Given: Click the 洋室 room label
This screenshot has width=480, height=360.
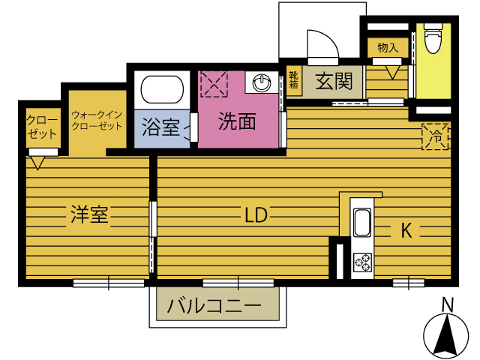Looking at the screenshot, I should (90, 215).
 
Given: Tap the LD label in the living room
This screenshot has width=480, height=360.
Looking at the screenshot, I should (255, 215).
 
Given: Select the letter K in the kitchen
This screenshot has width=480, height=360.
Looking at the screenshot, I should (405, 231).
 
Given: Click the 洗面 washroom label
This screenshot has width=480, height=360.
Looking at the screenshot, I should (237, 121).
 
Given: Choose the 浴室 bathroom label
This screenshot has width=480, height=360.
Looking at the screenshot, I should (160, 126).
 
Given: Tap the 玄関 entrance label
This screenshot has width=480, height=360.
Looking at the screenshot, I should (333, 80).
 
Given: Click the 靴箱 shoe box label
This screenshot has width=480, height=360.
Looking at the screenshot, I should (293, 79).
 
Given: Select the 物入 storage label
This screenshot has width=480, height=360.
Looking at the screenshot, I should (387, 48).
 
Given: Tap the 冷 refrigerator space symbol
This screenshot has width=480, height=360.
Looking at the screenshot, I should (435, 136).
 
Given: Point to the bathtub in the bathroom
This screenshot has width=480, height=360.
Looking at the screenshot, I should (162, 91).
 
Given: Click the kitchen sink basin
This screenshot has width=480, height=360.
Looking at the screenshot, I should (361, 223).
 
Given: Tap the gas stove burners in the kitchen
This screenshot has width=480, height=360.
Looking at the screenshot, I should (361, 262).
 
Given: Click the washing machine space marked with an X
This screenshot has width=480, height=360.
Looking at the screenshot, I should (214, 83).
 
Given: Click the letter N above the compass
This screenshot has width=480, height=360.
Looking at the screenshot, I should (447, 305).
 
